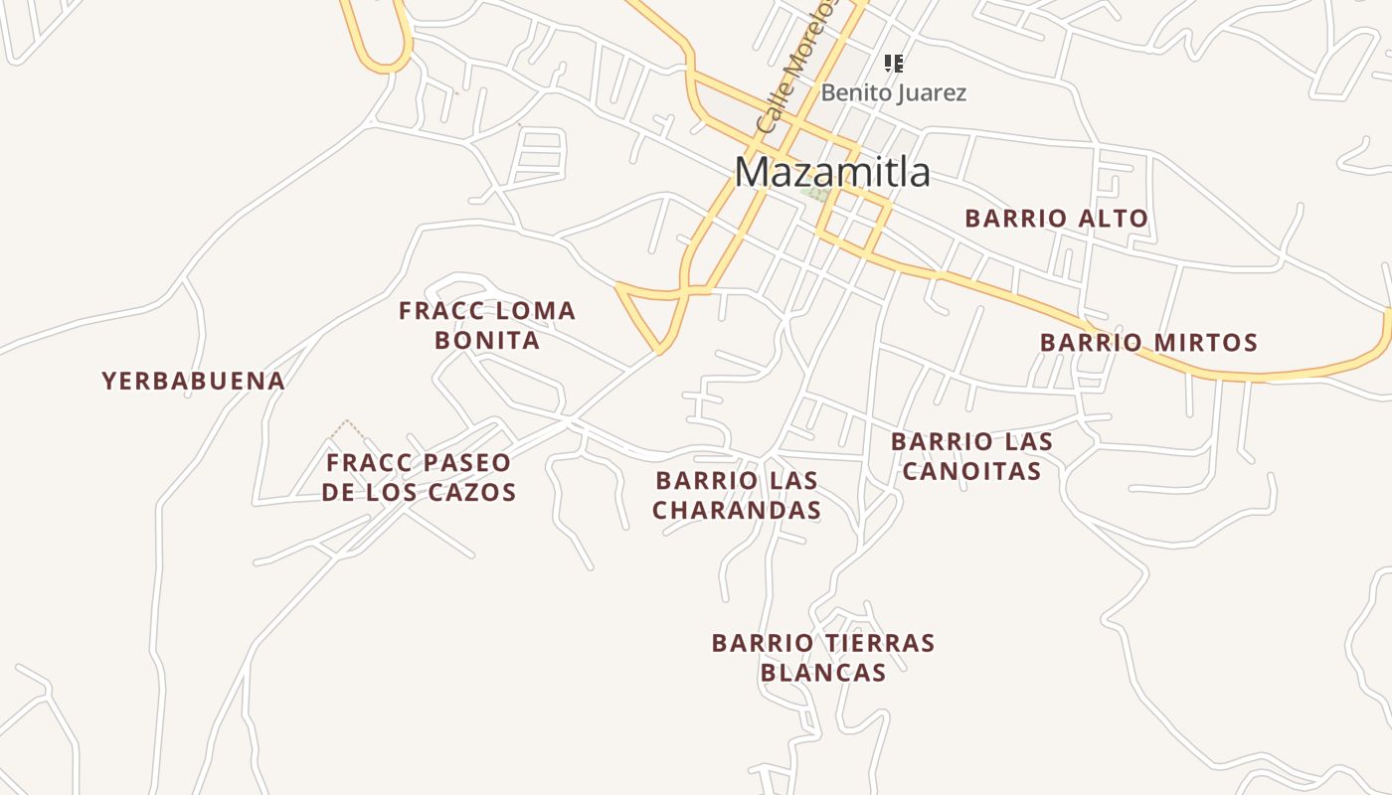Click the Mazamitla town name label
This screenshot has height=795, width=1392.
point(832,173)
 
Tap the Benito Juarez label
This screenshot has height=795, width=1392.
point(893,93)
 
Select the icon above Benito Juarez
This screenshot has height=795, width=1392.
point(894,64)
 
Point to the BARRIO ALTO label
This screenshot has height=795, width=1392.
point(1056,219)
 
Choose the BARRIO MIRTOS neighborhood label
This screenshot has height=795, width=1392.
point(1148,343)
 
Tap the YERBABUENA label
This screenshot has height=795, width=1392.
point(194,381)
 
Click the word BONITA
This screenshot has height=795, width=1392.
point(487,341)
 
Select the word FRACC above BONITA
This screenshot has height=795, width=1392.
point(438,311)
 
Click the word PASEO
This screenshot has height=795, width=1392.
point(459,463)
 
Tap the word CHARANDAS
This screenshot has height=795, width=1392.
point(737,510)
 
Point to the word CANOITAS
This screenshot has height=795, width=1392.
point(971,471)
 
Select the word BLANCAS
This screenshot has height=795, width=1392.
point(823,673)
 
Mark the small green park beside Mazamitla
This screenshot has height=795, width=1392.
point(816,195)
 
